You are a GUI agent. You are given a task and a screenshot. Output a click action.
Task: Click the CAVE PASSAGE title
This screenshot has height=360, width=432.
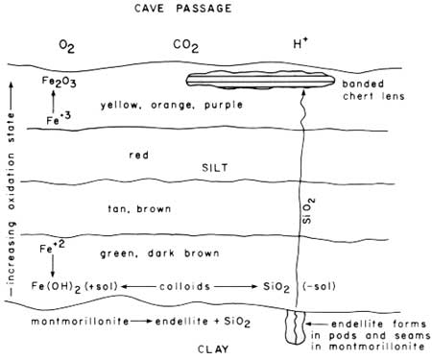[x=182, y=8]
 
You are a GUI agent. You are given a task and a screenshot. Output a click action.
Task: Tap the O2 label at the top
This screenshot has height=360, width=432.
[x=66, y=47]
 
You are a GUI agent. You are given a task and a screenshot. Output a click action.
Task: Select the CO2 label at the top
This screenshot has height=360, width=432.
[x=185, y=46]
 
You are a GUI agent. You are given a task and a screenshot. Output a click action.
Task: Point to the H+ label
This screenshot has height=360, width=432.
[x=300, y=43]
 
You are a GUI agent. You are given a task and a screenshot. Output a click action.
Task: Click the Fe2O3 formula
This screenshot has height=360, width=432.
[x=60, y=82]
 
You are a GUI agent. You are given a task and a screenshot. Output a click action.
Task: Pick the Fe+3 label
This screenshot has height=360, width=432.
[x=59, y=119]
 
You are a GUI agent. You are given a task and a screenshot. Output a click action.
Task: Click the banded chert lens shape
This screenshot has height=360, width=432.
[x=260, y=80]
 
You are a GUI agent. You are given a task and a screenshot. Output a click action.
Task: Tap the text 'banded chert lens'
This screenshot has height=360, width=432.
[x=373, y=90]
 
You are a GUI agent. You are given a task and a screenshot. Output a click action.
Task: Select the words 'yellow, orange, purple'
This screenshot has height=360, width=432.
[x=172, y=105]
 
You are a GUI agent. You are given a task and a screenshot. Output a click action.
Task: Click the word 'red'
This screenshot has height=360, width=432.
[x=139, y=156]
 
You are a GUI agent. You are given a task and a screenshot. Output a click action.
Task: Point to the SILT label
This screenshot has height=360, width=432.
[x=215, y=168]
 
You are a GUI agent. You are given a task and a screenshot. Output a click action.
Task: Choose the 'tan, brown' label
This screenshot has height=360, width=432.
[x=139, y=209]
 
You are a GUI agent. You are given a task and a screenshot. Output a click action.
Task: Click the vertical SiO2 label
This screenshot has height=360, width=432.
[x=308, y=211]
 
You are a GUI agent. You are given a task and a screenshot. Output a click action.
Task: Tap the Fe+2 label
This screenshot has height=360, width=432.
[x=52, y=247]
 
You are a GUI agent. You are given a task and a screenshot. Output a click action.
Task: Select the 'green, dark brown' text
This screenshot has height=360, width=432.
[x=159, y=253]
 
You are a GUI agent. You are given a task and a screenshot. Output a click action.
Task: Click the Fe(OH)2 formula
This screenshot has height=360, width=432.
[x=56, y=286]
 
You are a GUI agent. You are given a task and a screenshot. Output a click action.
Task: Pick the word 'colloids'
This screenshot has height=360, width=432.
[x=185, y=286]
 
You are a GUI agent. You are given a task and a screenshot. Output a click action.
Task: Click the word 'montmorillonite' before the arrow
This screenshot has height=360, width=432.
[x=80, y=321]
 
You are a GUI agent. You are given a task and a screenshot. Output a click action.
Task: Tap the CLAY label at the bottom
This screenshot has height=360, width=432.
[x=213, y=349]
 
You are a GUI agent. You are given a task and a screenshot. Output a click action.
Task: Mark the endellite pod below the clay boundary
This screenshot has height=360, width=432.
[x=296, y=327]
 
